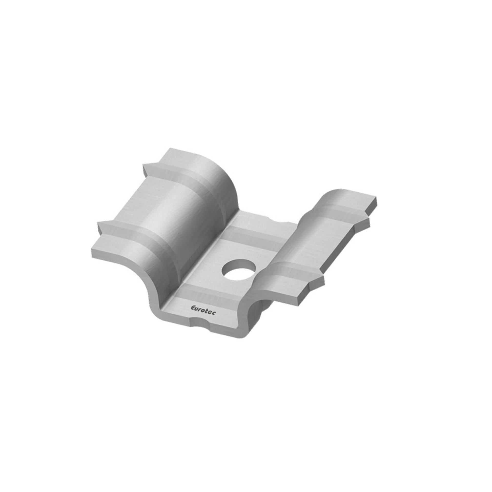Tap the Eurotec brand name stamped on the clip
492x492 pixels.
pos(204,310)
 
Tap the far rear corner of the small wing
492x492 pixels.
pos(375,199)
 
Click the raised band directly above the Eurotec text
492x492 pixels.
pos(205,297)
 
